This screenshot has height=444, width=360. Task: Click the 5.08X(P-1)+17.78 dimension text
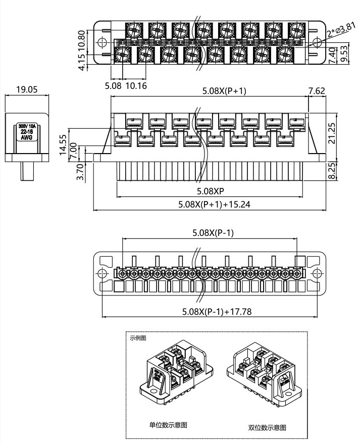coord(217,312)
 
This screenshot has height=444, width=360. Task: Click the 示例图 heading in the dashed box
coord(137,338)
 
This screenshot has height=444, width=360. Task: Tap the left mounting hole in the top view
coord(102,41)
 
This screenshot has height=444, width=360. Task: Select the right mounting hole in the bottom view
coord(317,273)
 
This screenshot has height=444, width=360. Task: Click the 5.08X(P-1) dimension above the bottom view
coord(210,233)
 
